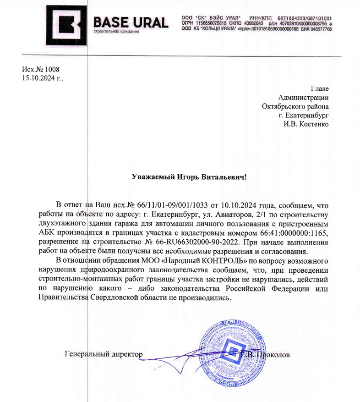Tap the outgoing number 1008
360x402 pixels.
pos(52,69)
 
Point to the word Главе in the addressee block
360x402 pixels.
pos(320,88)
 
